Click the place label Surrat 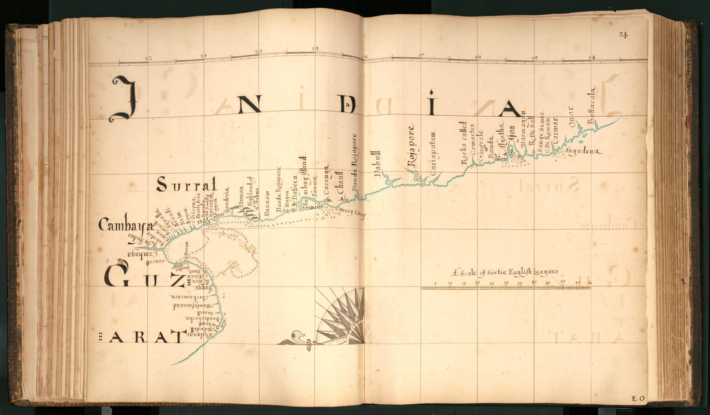click(188, 184)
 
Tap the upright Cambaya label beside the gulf click(125, 225)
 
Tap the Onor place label click(571, 117)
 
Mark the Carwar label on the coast click(554, 128)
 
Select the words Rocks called click(463, 142)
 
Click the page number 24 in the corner click(623, 35)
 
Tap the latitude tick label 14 click(591, 57)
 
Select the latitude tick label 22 click(148, 57)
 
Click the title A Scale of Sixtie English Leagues click(505, 272)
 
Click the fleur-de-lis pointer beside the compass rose click(296, 338)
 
